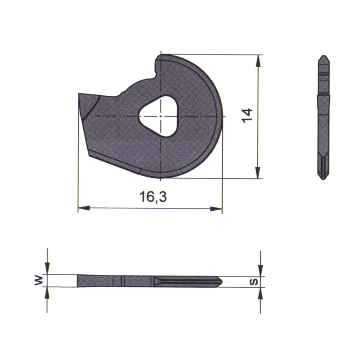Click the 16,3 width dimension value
pos(153,197)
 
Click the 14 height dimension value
pos(247,116)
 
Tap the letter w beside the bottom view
pos(38,281)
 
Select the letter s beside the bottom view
pos(254,282)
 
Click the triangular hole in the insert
pos(159,116)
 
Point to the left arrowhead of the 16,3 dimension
pos(84,208)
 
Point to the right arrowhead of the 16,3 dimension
pos(216,209)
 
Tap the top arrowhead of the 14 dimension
pos(258,61)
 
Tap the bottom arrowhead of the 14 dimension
pos(258,173)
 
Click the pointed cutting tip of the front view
pos(79,94)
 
